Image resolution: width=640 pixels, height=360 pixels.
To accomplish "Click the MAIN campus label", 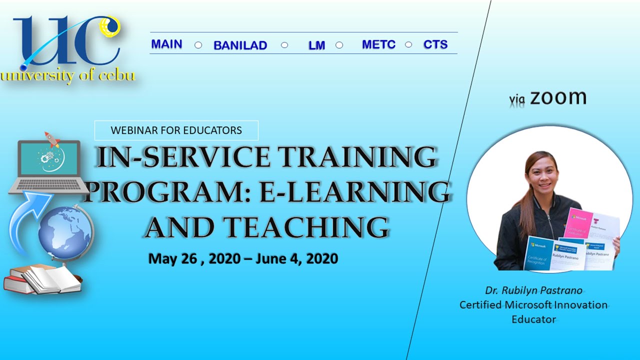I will pos(166,44).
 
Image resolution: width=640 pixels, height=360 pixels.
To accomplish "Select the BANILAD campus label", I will pos(240,45).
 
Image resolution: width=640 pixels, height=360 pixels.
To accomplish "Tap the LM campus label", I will pos(316,45).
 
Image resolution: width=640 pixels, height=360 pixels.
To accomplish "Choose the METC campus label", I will pos(378,44).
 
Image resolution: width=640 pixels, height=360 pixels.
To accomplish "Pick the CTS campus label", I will pos(435,44).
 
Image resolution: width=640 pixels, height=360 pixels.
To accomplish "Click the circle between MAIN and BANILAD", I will pos(198,45).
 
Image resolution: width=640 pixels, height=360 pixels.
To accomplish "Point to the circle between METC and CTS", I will pos(408,44).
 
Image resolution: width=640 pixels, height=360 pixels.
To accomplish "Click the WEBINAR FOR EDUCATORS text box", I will pos(176,130).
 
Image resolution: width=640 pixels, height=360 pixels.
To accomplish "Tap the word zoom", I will pos(558,97).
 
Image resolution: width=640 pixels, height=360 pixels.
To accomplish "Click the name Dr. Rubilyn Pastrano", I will pos(533,290).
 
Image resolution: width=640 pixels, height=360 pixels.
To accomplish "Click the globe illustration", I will pos(65,232).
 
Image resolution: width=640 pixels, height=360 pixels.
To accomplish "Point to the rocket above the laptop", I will pos(52,138).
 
